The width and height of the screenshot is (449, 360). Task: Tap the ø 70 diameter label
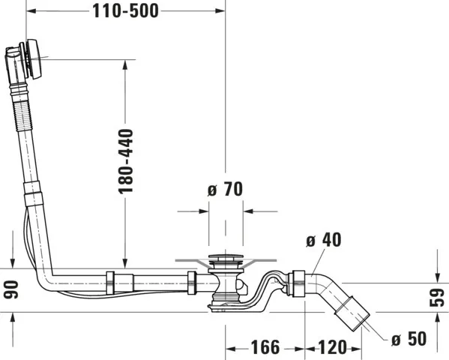click(x=224, y=190)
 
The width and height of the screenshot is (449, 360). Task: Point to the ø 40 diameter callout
click(x=324, y=240)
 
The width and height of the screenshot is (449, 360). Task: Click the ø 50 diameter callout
click(x=409, y=339)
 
